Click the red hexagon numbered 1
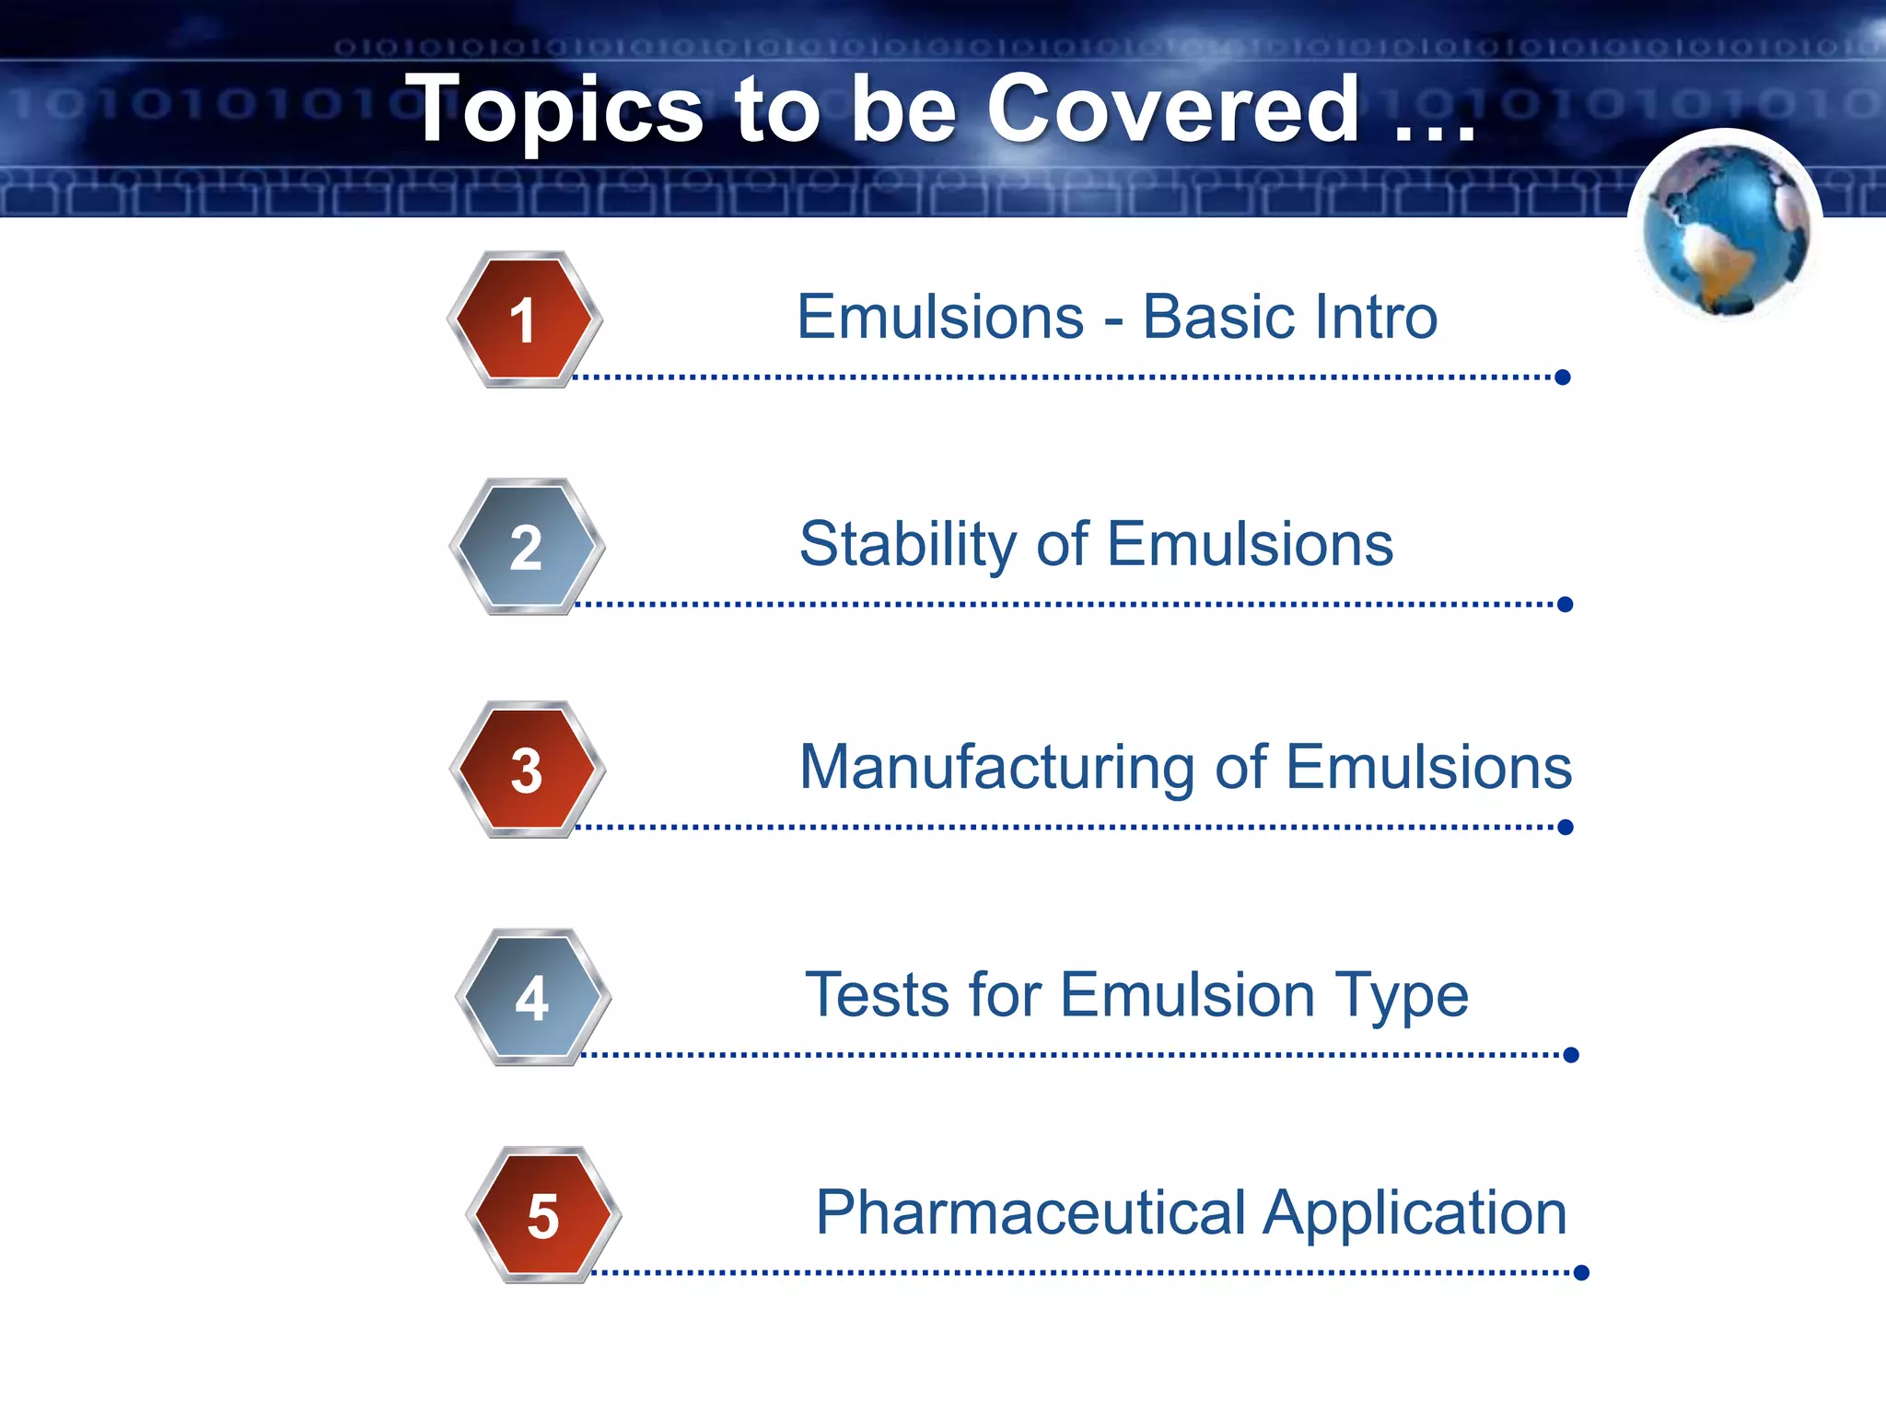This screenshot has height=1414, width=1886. click(x=524, y=319)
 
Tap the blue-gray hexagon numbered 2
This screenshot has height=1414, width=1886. click(x=527, y=547)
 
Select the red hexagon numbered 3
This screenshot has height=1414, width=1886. click(x=527, y=770)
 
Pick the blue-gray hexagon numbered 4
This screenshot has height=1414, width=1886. click(x=532, y=997)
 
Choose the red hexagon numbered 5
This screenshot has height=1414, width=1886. click(x=543, y=1215)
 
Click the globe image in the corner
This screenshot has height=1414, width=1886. click(x=1725, y=229)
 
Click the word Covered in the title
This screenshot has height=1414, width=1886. click(x=1172, y=110)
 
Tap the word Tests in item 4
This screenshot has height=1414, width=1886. click(x=877, y=995)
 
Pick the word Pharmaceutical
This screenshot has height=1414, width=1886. click(x=1030, y=1213)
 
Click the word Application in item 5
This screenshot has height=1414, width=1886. click(x=1414, y=1213)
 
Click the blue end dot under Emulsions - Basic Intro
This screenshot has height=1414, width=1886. click(x=1562, y=377)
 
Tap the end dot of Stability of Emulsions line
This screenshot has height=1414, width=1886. click(x=1565, y=604)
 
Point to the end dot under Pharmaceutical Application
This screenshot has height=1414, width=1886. click(x=1581, y=1272)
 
